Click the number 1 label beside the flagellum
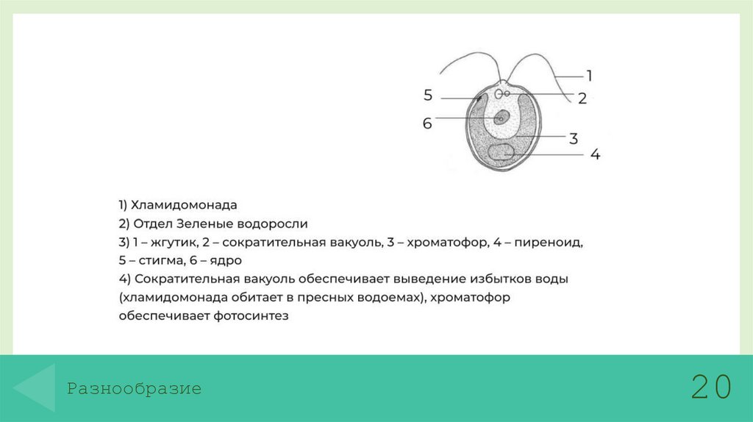tap(589, 75)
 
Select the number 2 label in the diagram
tap(582, 99)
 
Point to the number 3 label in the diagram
tap(574, 137)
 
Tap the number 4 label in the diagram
tap(595, 154)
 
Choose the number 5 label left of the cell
tap(428, 95)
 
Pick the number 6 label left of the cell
tap(427, 124)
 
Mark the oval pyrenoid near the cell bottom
tap(502, 152)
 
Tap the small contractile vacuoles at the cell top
tap(503, 94)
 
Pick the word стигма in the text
tap(154, 260)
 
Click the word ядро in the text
tap(226, 260)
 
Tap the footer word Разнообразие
tap(134, 389)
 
